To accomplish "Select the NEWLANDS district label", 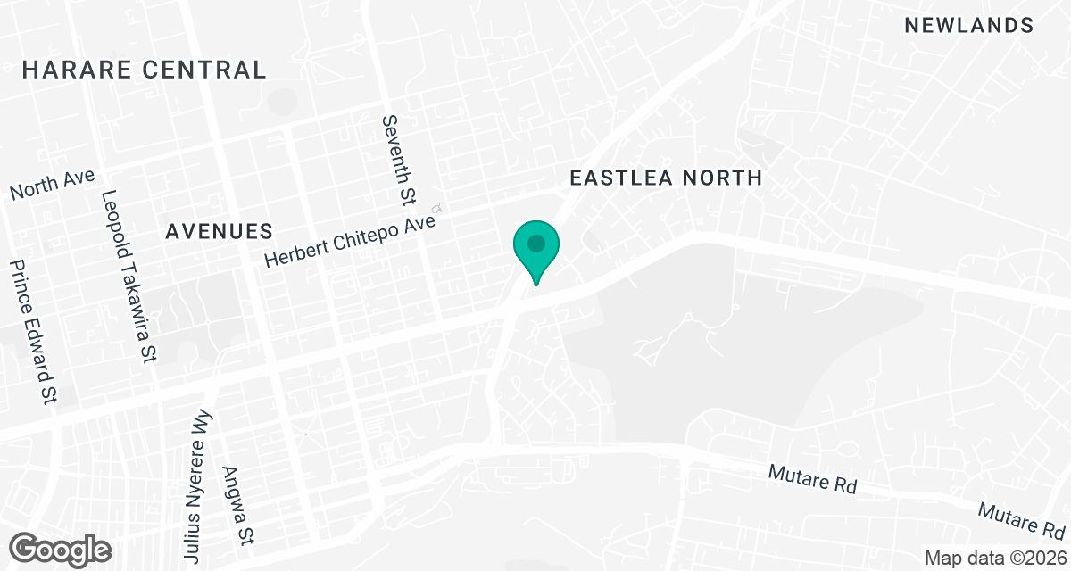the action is coord(969,26).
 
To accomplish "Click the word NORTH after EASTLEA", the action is coord(722,178).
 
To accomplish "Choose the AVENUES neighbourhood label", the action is coord(219,232).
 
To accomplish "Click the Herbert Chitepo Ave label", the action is coord(350,236).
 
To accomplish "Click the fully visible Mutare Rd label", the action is coord(812,479).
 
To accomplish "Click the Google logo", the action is coord(62,547).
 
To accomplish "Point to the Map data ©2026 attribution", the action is coord(994,559).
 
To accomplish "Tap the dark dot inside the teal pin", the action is coord(535,243).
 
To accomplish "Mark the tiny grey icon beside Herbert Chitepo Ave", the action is coord(437,208).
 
